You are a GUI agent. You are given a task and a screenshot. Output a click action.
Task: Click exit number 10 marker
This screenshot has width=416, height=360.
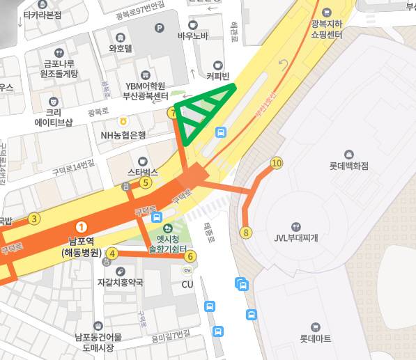coord(277,163)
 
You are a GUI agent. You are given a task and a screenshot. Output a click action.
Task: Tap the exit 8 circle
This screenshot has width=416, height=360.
coord(246,233)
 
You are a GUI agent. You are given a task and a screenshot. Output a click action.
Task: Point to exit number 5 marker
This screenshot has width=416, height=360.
coord(146,183)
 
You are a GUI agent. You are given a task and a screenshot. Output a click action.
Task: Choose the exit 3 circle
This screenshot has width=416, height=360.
coord(34,219)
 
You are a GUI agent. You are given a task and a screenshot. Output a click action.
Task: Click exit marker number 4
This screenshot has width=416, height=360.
coord(111,253)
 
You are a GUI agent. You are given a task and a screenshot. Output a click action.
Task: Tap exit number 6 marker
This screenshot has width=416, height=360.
coord(191,256)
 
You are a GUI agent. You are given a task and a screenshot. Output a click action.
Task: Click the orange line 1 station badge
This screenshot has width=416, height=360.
coord(82,226)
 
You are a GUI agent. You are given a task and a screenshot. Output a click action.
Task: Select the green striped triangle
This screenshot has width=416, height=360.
coord(203,109)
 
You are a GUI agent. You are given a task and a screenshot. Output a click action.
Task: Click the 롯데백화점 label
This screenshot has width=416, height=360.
coord(348,166)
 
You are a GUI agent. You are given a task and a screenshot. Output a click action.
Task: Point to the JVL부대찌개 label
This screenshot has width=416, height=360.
coord(295,237)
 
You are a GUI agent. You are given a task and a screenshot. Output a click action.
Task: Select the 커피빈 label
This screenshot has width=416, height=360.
coord(218,75)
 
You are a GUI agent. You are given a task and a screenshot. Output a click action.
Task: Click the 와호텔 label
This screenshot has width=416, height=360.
coord(121,48)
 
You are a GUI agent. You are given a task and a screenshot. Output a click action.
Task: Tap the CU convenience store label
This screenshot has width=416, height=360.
coord(187,284)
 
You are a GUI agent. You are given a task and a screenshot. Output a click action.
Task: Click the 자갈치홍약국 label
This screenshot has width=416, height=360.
coord(120,282)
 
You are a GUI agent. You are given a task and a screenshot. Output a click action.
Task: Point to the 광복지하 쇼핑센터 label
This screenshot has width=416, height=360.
coord(326,29)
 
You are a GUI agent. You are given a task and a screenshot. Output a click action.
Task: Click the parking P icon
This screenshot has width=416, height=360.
coord(160,29)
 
